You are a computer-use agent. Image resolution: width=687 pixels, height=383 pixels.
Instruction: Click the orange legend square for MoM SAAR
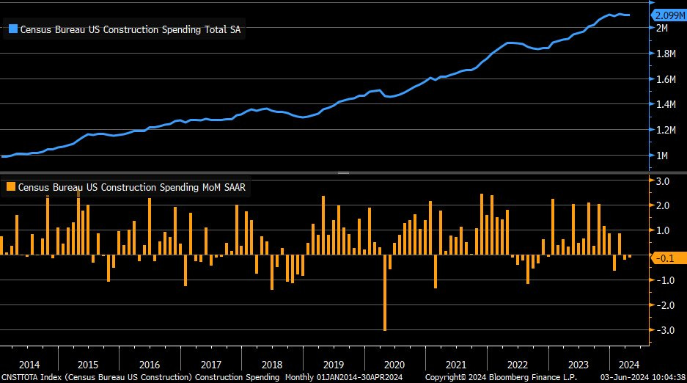(11, 187)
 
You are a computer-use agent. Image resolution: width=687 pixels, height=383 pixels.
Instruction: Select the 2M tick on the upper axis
(661, 28)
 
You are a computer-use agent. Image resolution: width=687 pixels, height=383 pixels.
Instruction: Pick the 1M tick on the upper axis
(661, 156)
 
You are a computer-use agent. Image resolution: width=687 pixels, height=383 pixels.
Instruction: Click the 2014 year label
(29, 365)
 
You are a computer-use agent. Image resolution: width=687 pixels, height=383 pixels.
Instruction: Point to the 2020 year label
(394, 365)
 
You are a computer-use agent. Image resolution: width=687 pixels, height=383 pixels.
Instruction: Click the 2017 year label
(210, 365)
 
